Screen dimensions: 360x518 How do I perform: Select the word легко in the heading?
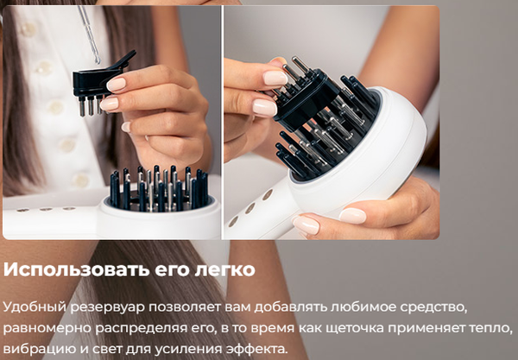coord(225,269)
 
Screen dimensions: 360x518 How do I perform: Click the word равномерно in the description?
coord(42,329)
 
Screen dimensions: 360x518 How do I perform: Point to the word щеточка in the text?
coord(386,329)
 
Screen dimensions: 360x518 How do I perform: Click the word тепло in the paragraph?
coord(492,329)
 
